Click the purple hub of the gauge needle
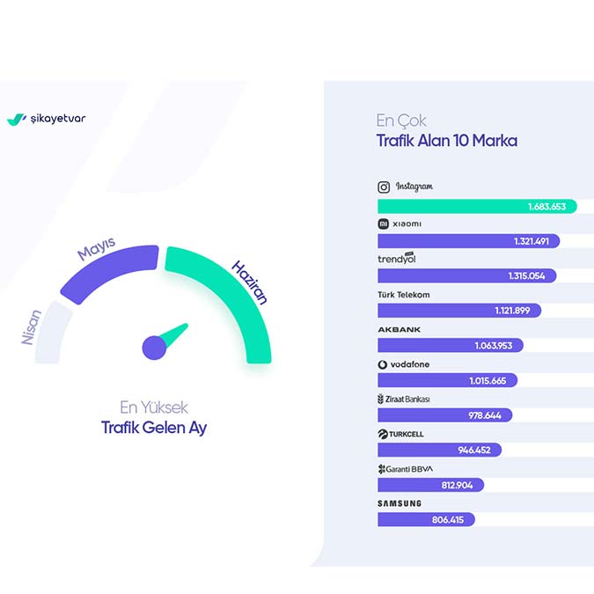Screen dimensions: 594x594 [154, 347]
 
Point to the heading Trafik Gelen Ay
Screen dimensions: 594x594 [154, 429]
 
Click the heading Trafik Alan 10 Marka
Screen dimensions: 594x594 [447, 141]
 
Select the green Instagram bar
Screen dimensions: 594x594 [476, 206]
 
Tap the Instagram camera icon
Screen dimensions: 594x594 [384, 187]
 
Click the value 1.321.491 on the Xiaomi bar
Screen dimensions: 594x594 [532, 241]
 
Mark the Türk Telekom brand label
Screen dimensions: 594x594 [403, 295]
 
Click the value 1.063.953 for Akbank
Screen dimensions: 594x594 [495, 346]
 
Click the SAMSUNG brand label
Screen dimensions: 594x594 [400, 503]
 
